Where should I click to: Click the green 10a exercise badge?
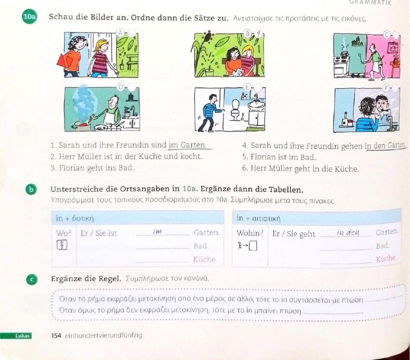click(30, 17)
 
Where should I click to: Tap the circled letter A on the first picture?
click(121, 33)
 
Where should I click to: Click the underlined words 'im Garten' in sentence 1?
click(187, 145)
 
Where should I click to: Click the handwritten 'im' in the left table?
click(157, 231)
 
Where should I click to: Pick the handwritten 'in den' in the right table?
click(348, 232)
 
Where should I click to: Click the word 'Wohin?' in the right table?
click(250, 233)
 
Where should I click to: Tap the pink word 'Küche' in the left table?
click(205, 259)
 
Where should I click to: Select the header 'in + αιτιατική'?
click(258, 218)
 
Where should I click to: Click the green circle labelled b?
click(32, 189)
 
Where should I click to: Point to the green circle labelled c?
click(32, 279)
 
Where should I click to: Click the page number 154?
click(56, 335)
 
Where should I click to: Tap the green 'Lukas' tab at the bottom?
click(22, 336)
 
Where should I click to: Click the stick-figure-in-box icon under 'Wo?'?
click(62, 245)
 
